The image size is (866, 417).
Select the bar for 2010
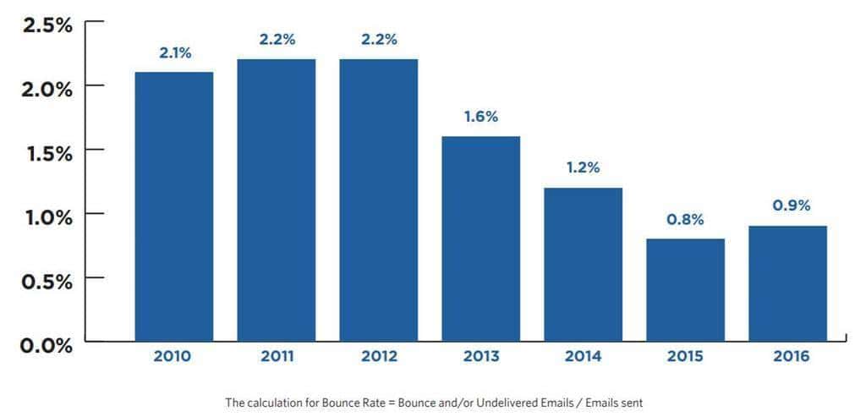click(173, 206)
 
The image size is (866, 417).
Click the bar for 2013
click(480, 239)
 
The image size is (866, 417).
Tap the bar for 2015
click(686, 289)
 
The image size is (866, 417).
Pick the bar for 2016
click(788, 283)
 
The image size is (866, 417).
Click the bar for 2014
click(584, 264)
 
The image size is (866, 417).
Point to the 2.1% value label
click(175, 52)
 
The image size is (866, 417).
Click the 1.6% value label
click(481, 117)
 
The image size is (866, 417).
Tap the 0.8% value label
click(686, 220)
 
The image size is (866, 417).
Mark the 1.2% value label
click(584, 167)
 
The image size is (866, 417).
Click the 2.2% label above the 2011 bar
click(277, 40)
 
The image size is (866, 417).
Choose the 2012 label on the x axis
click(378, 356)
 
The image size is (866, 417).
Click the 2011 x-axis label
click(276, 356)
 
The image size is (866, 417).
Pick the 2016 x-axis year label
click(791, 356)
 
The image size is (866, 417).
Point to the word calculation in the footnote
click(272, 403)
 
